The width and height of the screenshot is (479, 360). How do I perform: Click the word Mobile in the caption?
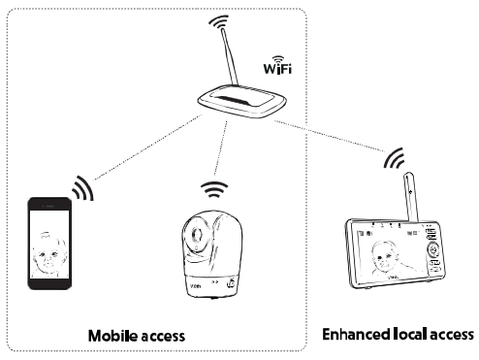pyautogui.click(x=111, y=336)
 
